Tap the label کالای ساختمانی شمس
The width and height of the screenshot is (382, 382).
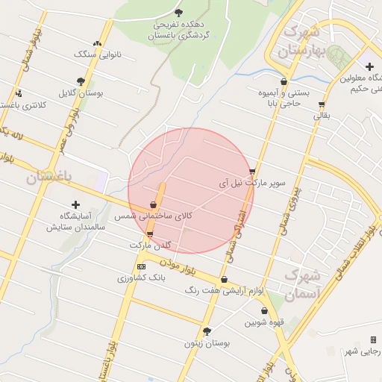154,215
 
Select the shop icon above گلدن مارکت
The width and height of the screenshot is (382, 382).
151,234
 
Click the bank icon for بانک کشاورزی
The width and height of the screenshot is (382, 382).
142,266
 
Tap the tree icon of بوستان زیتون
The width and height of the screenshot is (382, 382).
207,331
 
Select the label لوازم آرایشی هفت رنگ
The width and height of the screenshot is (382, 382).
227,289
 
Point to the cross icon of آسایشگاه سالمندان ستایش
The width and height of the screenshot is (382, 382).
75,204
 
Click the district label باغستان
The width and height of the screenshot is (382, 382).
48,177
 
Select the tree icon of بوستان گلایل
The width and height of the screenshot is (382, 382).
81,82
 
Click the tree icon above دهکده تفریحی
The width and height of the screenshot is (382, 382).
178,12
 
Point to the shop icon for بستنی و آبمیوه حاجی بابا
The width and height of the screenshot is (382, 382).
284,82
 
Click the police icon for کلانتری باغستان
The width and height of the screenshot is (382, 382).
19,93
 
